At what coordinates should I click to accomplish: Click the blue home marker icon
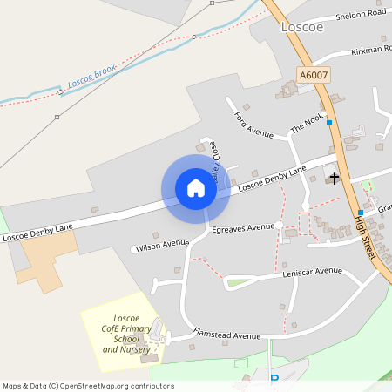point(196,188)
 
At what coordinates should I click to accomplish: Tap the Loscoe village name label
point(302,27)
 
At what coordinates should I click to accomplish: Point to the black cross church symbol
point(334,179)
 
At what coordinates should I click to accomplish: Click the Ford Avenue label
point(253,125)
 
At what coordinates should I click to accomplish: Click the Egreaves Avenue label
point(243,227)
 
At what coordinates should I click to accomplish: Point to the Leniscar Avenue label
point(313,271)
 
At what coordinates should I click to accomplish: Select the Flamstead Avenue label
point(227,335)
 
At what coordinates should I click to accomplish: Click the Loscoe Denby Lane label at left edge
point(37,231)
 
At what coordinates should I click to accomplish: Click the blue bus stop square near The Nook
point(329,123)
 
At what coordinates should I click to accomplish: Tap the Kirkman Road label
point(370,50)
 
